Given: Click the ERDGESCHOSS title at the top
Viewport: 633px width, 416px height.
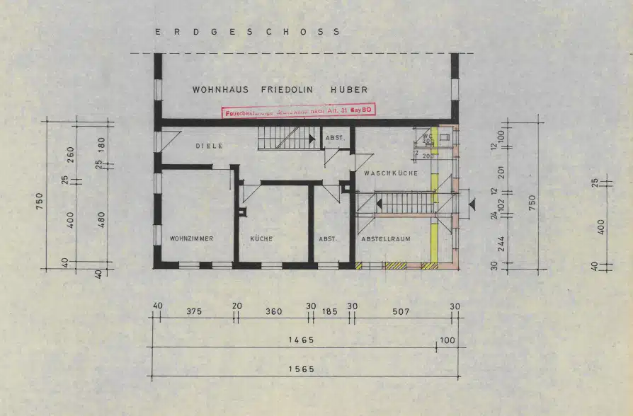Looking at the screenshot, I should click(x=248, y=32).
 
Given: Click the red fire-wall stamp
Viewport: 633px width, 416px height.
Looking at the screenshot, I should click(x=299, y=110).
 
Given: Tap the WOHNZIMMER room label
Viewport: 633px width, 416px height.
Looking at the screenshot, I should click(x=191, y=239).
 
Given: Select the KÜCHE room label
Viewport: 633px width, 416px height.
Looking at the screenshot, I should click(x=261, y=239).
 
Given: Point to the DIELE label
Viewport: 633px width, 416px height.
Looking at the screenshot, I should click(x=209, y=146).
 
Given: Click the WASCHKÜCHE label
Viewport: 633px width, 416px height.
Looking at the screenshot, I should click(x=391, y=173).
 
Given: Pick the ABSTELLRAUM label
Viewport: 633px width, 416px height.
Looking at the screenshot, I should click(x=386, y=239).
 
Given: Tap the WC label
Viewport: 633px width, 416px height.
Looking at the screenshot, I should click(x=427, y=136).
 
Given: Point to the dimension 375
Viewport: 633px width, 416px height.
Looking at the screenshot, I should click(x=195, y=311).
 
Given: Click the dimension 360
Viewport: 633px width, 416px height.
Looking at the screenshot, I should click(x=273, y=311).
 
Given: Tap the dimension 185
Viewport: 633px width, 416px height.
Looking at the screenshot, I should click(x=330, y=311).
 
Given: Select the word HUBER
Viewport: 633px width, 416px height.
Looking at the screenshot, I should click(x=349, y=90).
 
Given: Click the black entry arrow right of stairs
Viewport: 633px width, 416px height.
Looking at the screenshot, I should click(x=472, y=204).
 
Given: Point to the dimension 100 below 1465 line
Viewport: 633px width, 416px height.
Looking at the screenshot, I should click(x=447, y=340).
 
